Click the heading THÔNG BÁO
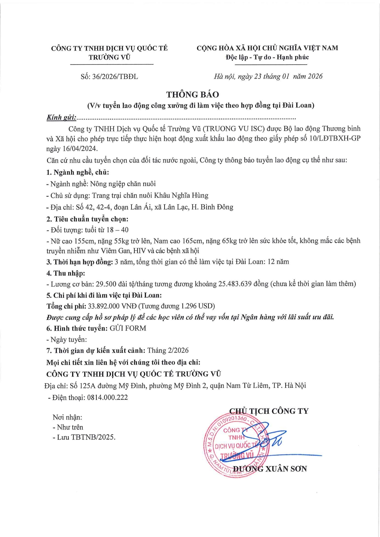[192, 95]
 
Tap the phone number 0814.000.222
[107, 397]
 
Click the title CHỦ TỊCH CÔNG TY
[269, 411]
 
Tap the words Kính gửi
[62, 118]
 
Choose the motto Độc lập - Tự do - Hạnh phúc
[267, 57]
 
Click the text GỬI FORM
[128, 328]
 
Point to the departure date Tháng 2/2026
[168, 350]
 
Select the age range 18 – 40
[118, 230]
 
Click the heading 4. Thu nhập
[66, 273]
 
